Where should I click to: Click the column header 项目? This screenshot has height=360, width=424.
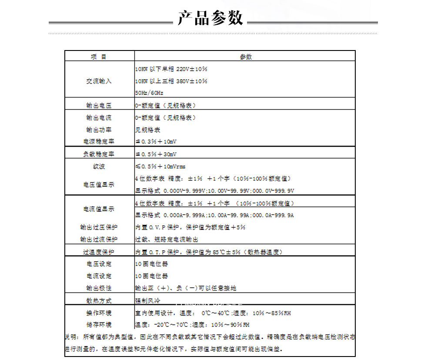tap(99, 57)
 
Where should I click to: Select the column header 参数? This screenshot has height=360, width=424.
tap(245, 57)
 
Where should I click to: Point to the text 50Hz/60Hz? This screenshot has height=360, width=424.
tap(149, 93)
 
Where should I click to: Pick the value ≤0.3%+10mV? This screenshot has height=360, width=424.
tap(156, 142)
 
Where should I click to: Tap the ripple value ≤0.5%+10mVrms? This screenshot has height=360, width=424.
tap(160, 167)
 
